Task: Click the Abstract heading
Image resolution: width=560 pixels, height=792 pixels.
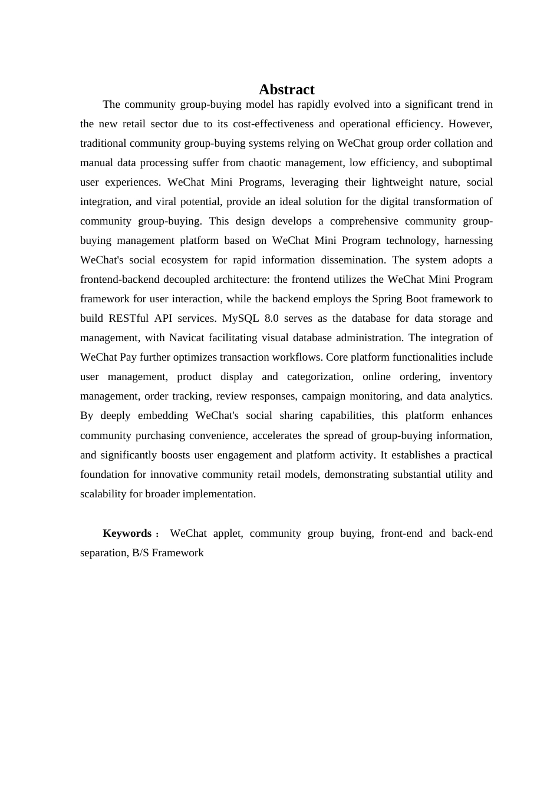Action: tap(286, 90)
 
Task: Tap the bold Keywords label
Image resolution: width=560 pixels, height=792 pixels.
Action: tap(127, 533)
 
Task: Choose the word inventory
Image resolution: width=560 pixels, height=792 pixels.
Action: tap(471, 377)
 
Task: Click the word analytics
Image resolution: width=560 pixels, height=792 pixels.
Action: tap(469, 396)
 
